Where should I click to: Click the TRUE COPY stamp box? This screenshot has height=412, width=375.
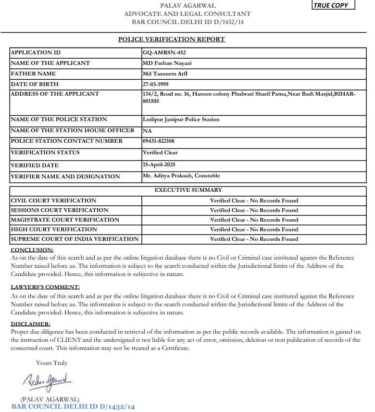pos(333,5)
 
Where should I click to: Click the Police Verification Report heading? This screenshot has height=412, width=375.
pos(172,39)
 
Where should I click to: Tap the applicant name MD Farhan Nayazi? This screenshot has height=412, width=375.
pos(167,63)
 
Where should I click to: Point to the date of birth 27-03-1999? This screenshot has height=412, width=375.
pos(155,84)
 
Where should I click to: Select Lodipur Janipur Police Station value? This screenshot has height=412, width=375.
pos(181,120)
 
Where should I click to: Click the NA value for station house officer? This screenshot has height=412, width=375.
pos(147,131)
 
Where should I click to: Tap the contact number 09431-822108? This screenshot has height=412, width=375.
pos(159,141)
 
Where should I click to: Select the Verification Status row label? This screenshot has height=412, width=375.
pos(45,153)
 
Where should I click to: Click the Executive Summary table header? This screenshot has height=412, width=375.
pos(188,190)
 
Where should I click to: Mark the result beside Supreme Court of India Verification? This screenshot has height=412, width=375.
pos(254,239)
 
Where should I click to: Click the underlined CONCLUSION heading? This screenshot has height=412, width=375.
pos(32,250)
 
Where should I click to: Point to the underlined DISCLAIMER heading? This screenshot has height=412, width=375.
pos(30,324)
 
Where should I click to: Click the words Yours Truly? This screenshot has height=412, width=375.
pos(51,363)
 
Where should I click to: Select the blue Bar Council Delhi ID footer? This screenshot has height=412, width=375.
pos(73,407)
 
